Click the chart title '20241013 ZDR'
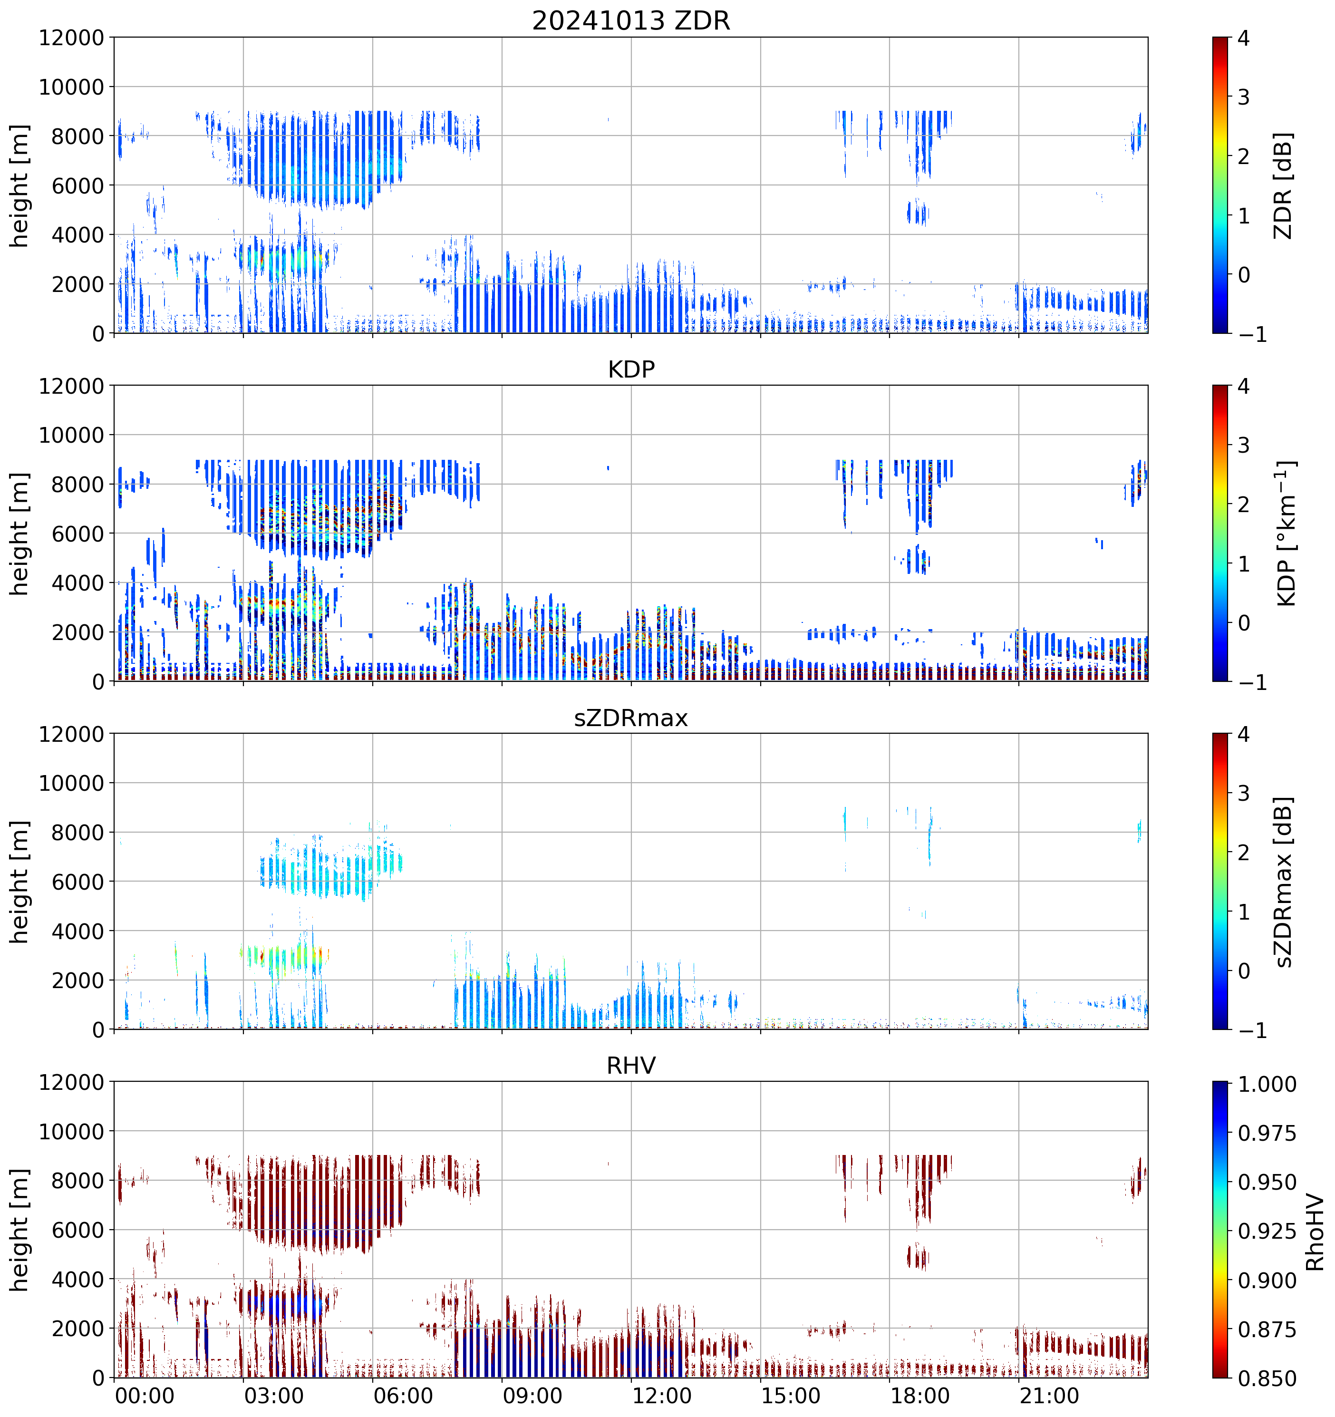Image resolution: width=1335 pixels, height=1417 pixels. (x=631, y=20)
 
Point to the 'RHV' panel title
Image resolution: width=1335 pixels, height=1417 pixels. (x=631, y=1066)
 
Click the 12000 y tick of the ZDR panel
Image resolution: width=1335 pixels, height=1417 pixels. (x=71, y=38)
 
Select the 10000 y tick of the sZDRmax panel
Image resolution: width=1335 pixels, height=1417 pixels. (x=71, y=783)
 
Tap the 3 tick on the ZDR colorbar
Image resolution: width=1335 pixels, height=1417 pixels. (x=1243, y=97)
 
